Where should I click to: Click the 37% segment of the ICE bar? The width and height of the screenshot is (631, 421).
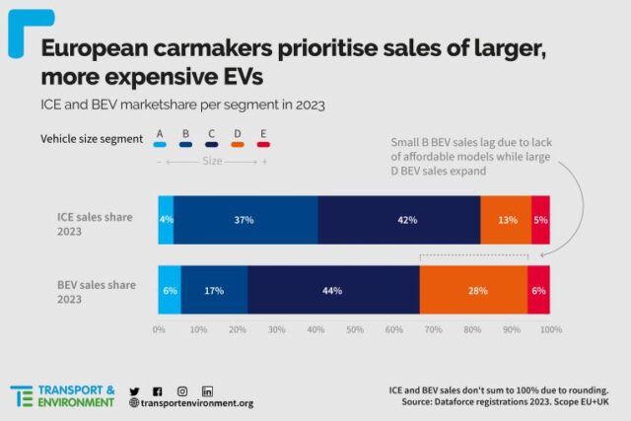click(x=245, y=220)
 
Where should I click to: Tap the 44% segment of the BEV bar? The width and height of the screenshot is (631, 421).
click(x=333, y=290)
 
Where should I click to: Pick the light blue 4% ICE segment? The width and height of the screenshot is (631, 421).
click(x=166, y=220)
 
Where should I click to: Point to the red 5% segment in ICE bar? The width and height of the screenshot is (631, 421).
click(x=540, y=220)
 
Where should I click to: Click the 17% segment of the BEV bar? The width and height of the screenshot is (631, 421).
click(x=214, y=290)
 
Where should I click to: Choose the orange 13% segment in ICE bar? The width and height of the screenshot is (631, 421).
click(x=506, y=220)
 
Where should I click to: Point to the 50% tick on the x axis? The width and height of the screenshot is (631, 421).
click(x=355, y=329)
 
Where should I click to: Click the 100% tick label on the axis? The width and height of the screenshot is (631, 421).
click(x=550, y=329)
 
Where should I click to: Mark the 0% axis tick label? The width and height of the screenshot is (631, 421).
click(x=159, y=329)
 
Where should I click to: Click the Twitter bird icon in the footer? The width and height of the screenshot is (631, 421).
click(x=134, y=391)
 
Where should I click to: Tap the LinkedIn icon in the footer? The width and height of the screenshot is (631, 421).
click(x=208, y=391)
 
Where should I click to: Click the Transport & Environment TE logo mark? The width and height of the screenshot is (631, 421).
click(x=21, y=396)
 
